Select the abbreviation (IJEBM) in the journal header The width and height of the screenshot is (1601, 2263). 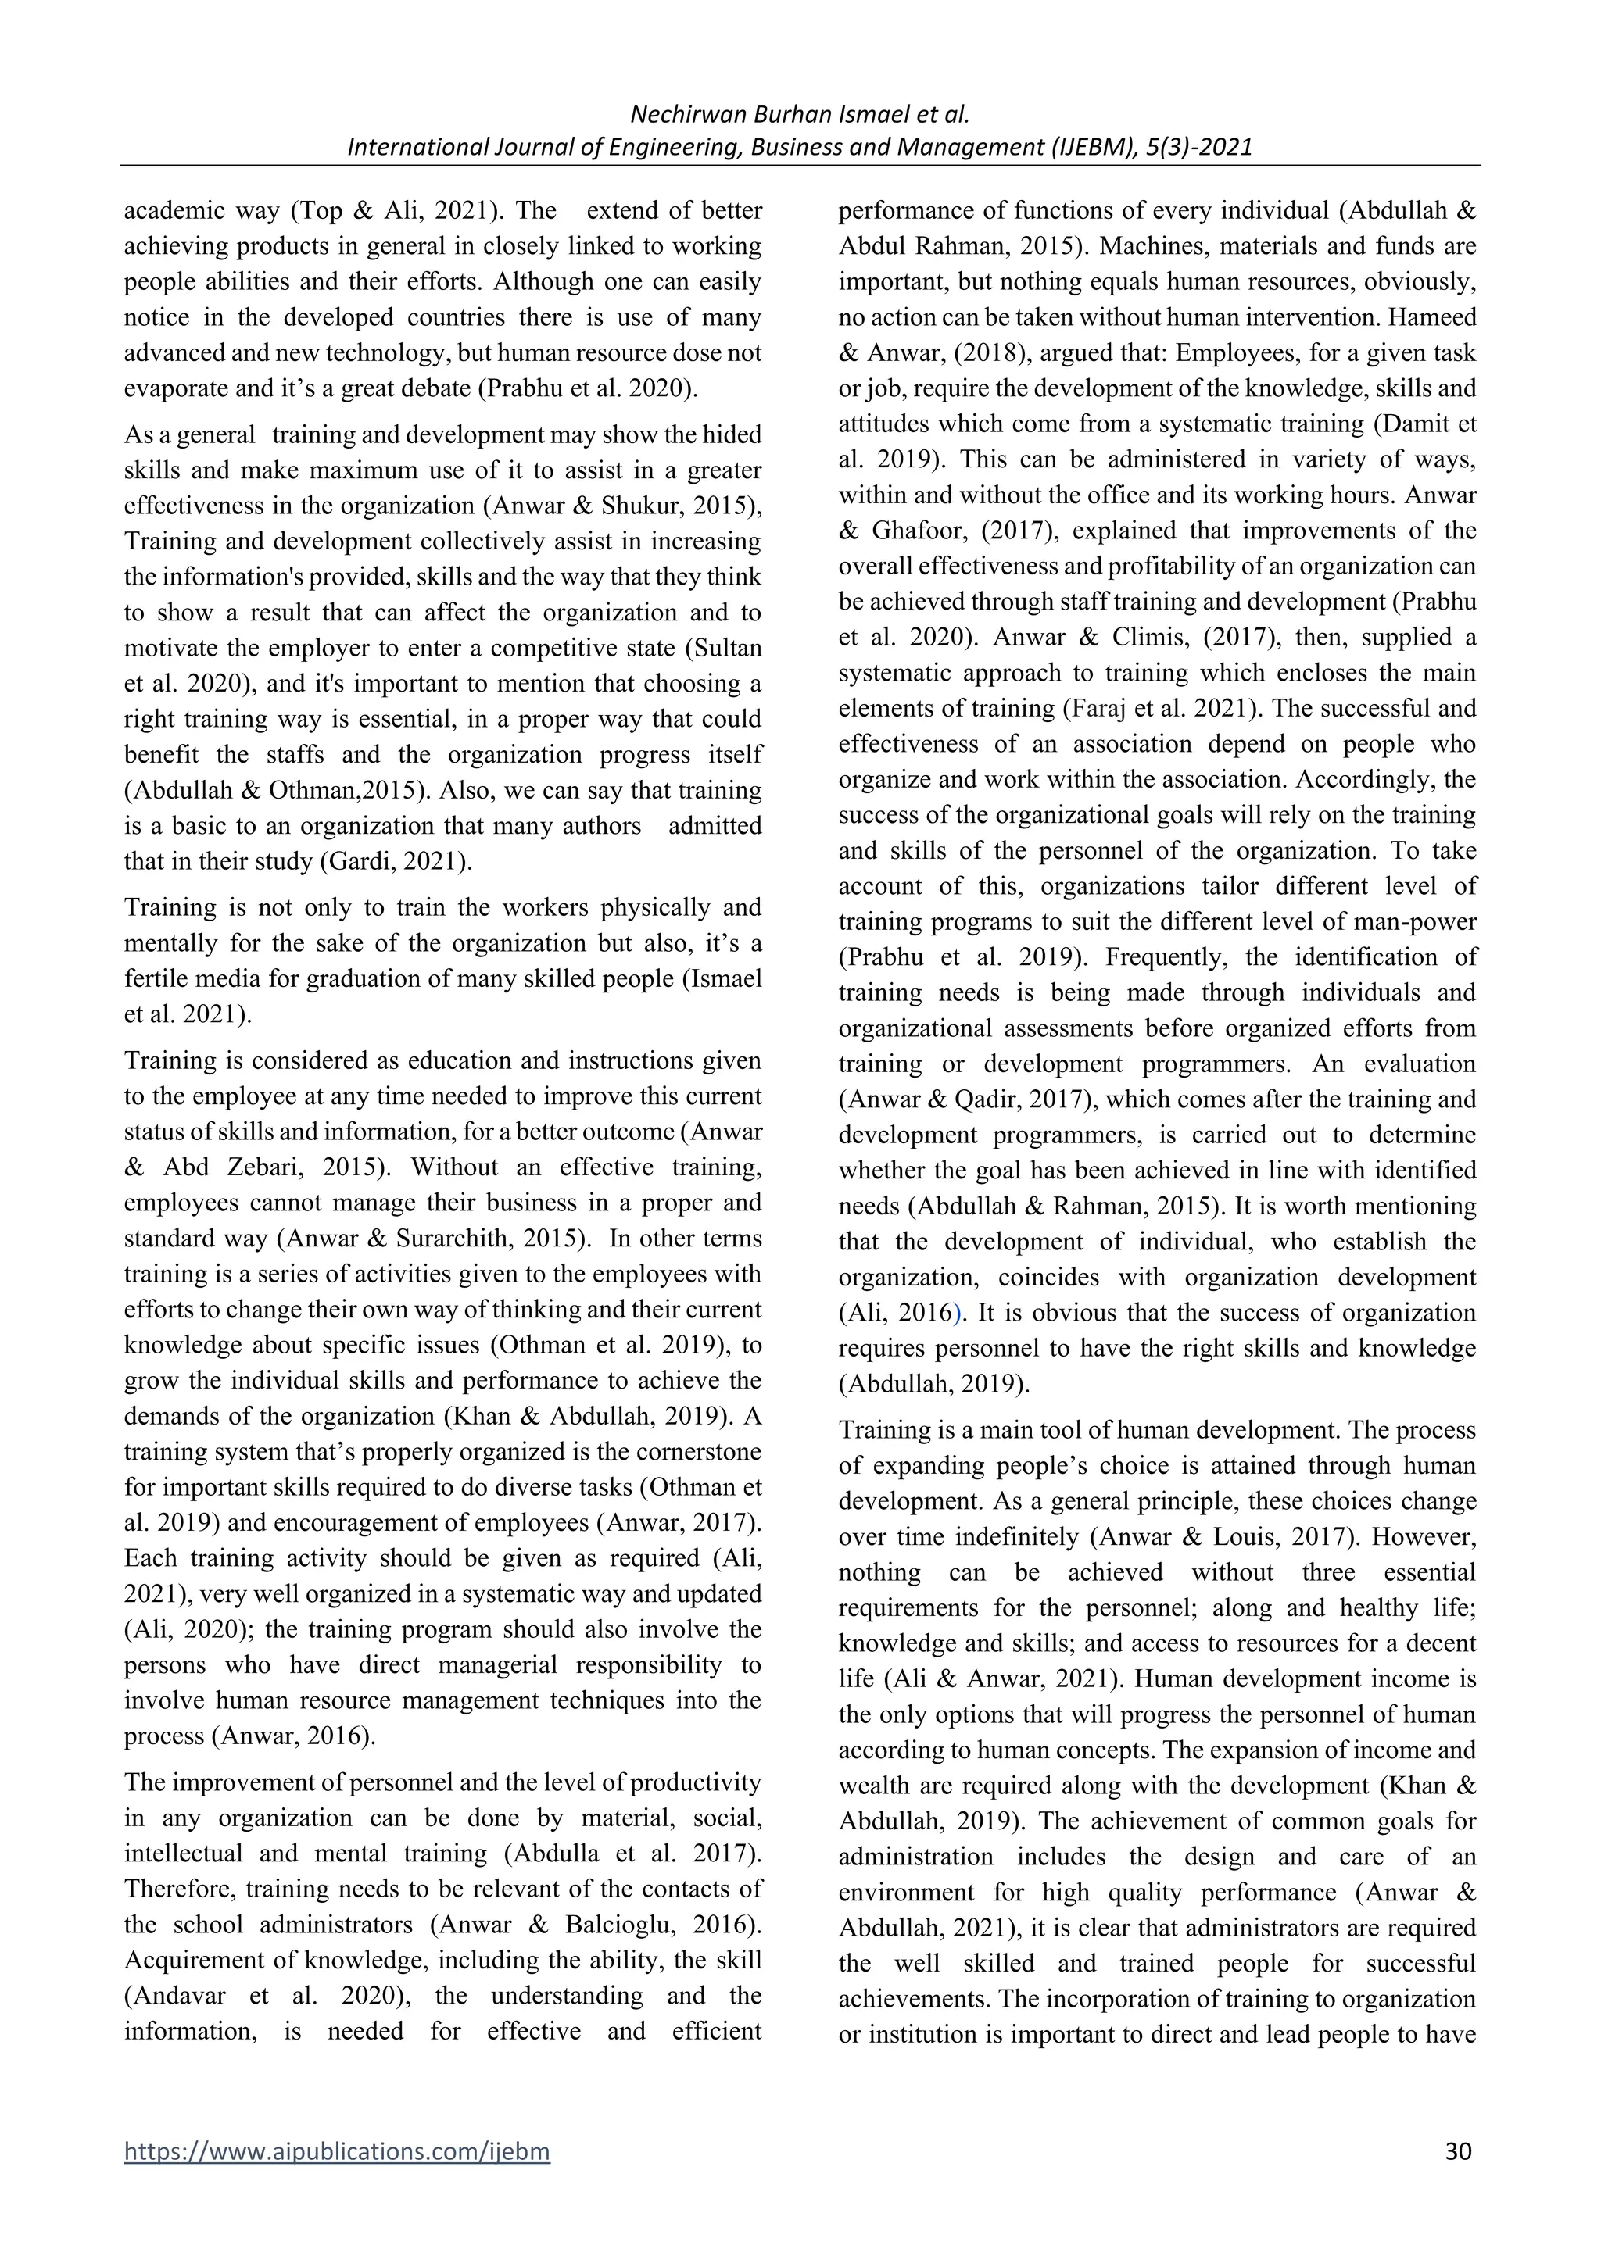pyautogui.click(x=1092, y=147)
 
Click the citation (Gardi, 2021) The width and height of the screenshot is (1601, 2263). pyautogui.click(x=396, y=861)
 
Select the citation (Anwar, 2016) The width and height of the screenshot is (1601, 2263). pyautogui.click(x=294, y=1736)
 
